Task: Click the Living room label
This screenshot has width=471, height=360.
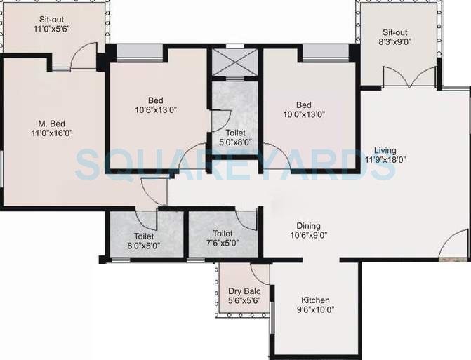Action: (385, 150)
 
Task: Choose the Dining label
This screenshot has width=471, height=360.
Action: (308, 226)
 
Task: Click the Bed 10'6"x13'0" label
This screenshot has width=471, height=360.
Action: (156, 105)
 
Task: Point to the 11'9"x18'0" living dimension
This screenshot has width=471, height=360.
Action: (385, 159)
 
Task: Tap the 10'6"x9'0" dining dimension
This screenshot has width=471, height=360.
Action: (308, 235)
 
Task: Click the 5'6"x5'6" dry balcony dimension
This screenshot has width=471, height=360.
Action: (243, 301)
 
